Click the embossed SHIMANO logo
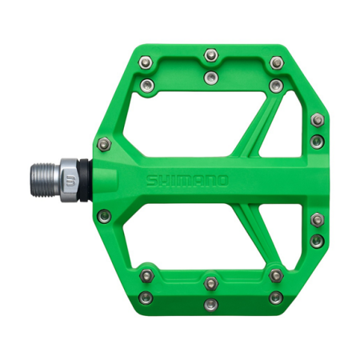coord(187,180)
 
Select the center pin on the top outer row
coord(211,54)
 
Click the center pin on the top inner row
coord(211,77)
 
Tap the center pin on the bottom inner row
coord(211,282)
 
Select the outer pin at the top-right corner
coord(276,62)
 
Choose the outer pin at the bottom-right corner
coord(276,297)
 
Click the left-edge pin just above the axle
coord(102,144)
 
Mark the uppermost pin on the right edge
coord(318,120)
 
